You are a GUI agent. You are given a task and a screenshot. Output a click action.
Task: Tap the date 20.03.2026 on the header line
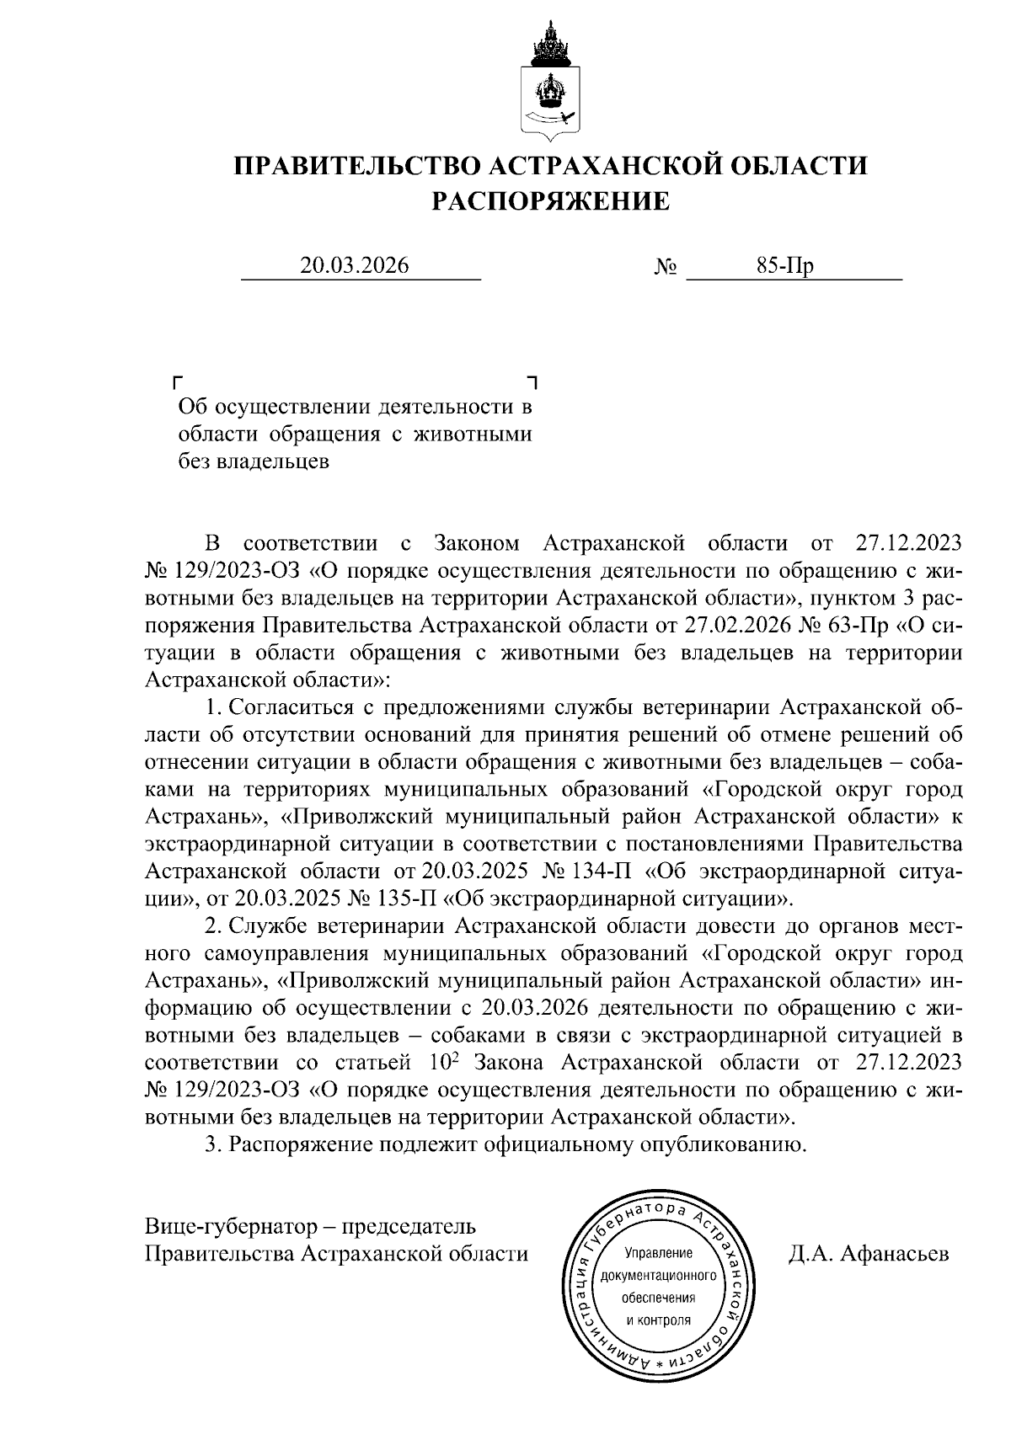(355, 266)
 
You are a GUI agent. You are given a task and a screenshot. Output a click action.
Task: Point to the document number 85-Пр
(784, 266)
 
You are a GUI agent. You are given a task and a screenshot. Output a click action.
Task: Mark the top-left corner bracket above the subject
(177, 381)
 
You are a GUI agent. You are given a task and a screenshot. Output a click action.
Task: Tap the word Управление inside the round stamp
(658, 1252)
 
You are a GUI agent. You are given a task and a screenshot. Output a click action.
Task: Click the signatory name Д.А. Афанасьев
(869, 1254)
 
